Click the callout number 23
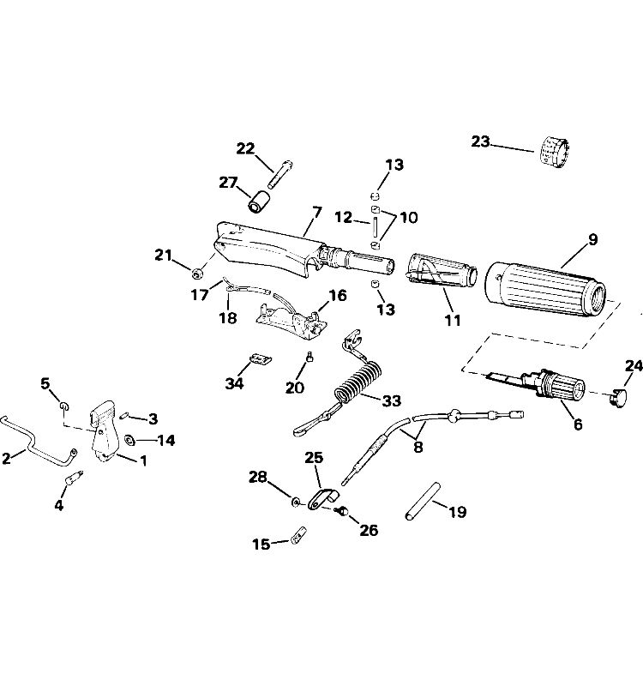(480, 141)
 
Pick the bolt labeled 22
(280, 175)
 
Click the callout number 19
(458, 512)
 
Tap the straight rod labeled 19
(423, 502)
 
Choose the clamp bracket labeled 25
(323, 499)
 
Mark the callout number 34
(234, 383)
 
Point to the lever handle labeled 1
(104, 432)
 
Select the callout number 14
(165, 440)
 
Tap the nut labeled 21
(196, 274)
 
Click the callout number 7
(316, 213)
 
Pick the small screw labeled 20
(309, 358)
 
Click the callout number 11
(453, 321)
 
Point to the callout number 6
(578, 424)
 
